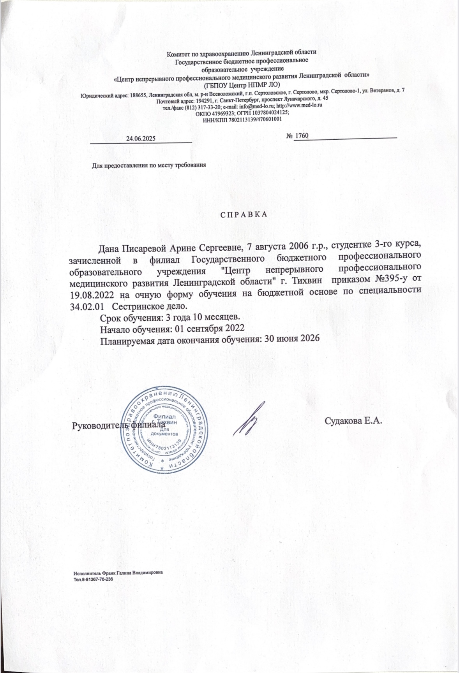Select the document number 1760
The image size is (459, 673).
[x=301, y=136]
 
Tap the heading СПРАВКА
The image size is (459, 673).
[x=242, y=215]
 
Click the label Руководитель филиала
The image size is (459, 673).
[x=120, y=425]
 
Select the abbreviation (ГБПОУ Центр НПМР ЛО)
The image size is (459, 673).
[x=242, y=84]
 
